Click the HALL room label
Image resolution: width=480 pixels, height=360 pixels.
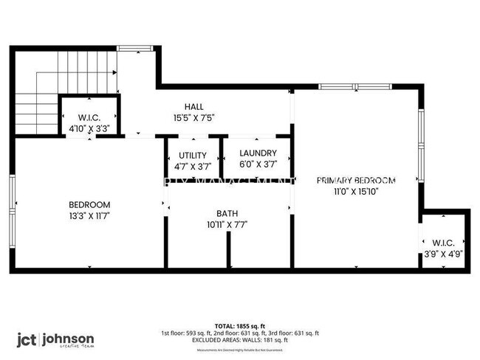[x=194, y=107]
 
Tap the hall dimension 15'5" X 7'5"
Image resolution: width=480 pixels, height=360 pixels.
[x=194, y=117]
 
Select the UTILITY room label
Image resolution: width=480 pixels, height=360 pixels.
[x=192, y=155]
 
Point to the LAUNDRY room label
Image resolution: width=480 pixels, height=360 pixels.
[x=258, y=153]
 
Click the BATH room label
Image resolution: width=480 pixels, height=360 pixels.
[x=227, y=214]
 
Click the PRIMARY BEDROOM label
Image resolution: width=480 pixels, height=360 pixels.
[x=356, y=180]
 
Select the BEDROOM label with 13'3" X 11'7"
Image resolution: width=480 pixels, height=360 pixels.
[x=89, y=205]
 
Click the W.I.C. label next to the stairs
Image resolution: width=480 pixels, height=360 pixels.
[x=89, y=117]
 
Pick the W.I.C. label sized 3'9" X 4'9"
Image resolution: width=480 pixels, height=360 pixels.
[x=443, y=242]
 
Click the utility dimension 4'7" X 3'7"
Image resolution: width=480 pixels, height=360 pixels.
[x=192, y=166]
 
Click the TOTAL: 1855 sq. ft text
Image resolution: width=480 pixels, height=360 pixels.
[x=239, y=325]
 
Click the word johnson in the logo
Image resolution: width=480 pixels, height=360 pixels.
[x=67, y=339]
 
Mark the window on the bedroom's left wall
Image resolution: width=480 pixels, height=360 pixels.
[x=12, y=204]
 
